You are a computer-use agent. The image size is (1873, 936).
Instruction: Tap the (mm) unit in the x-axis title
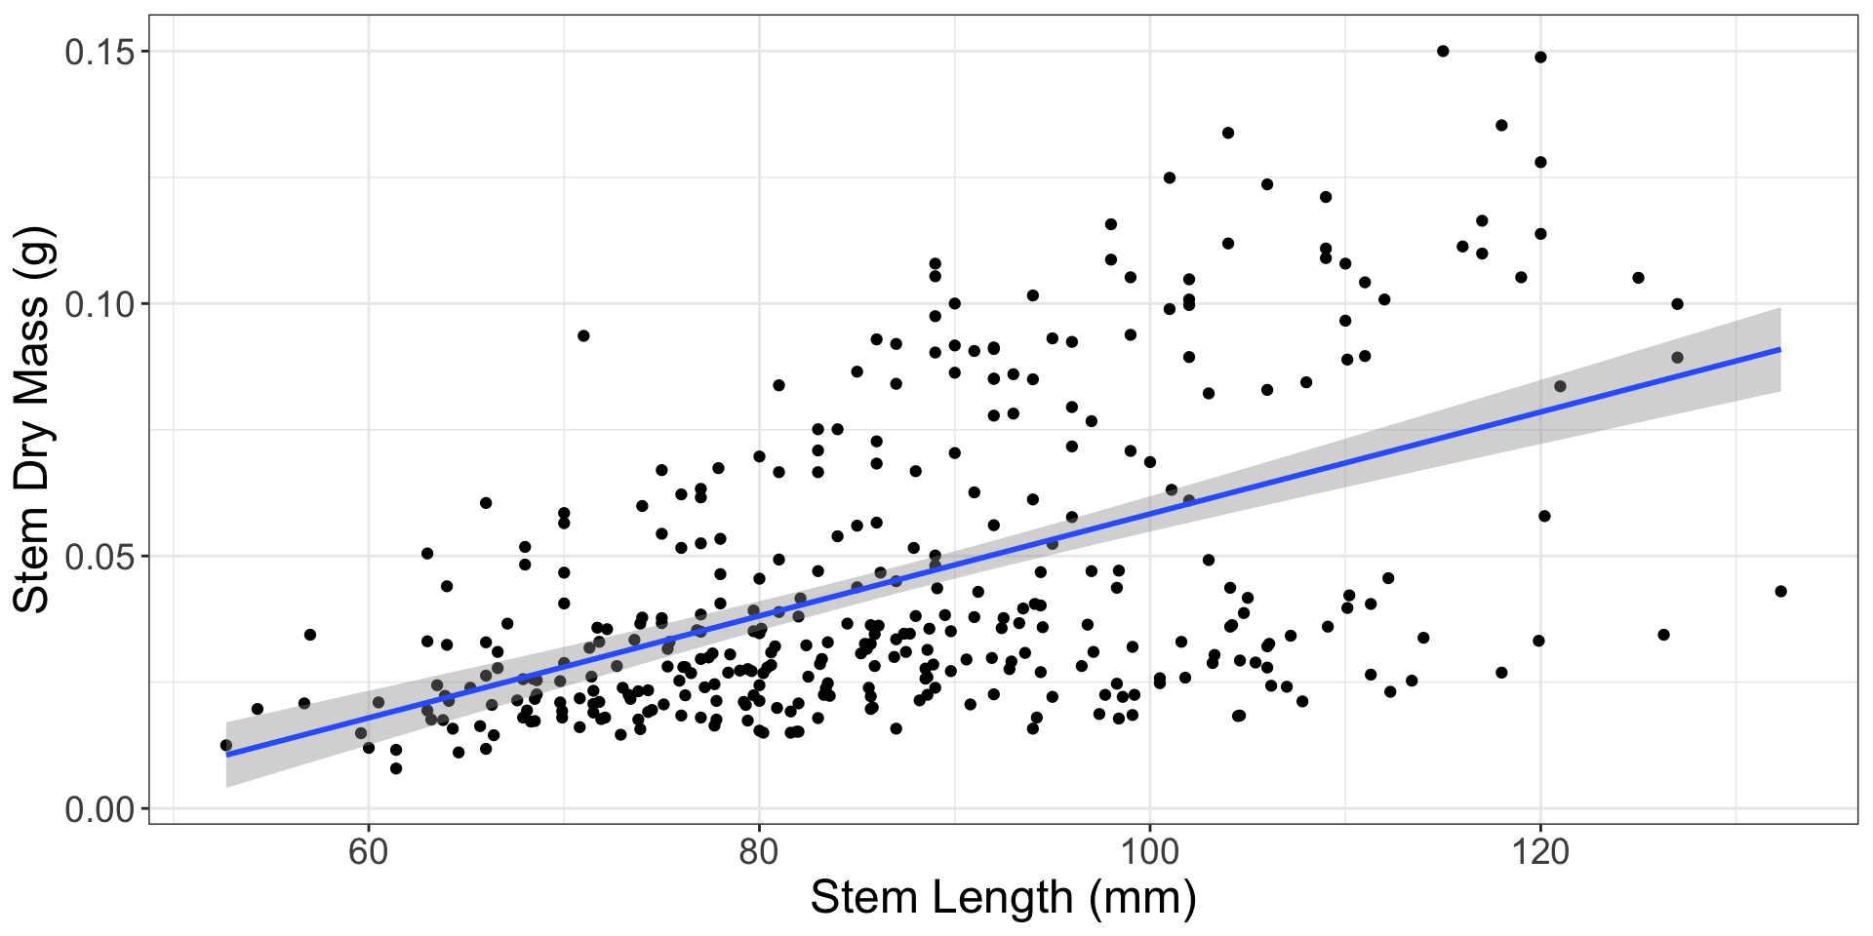click(1143, 898)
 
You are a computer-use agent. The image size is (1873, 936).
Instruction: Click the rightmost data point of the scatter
click(1780, 591)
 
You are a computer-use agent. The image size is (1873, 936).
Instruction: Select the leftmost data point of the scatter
click(226, 745)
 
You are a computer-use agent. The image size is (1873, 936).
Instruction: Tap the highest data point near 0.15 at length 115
click(1443, 51)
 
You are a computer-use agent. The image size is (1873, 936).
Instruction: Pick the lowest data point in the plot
click(396, 768)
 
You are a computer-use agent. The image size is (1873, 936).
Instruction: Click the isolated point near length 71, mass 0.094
click(583, 335)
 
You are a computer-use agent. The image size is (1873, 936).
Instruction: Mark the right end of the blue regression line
click(1780, 349)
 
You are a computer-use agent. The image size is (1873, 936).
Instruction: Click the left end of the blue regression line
click(226, 755)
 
